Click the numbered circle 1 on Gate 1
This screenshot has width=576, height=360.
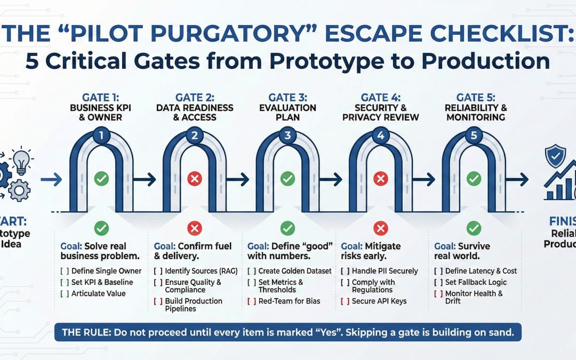click(x=101, y=135)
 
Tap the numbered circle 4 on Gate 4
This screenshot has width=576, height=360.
click(x=381, y=135)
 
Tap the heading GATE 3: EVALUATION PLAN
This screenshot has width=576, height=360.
click(x=287, y=107)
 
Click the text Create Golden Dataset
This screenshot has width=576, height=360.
click(x=295, y=271)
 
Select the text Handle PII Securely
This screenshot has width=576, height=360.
click(x=385, y=271)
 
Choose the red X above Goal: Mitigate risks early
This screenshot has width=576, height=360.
click(x=381, y=229)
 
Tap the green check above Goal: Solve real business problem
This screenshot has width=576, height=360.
click(x=101, y=229)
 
